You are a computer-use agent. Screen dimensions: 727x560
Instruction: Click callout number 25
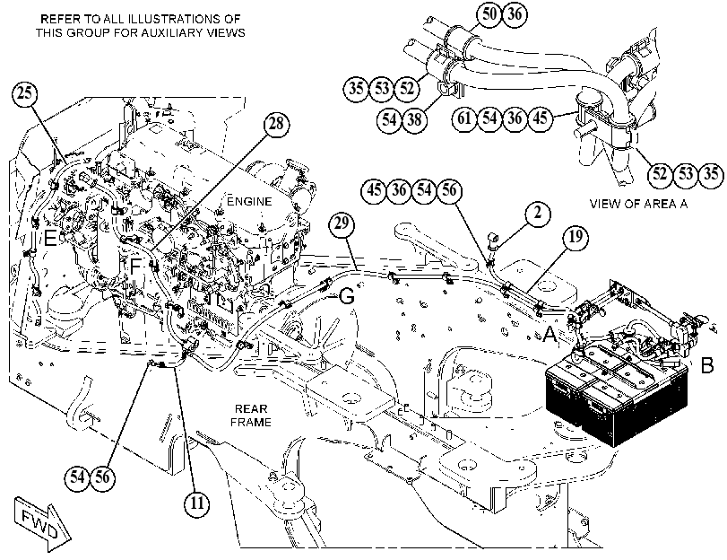click(24, 93)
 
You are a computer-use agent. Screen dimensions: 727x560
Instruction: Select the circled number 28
click(276, 124)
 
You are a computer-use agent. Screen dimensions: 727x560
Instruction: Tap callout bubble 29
click(342, 223)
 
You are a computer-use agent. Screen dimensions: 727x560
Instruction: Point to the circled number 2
click(537, 213)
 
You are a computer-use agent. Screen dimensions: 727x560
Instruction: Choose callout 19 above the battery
click(575, 237)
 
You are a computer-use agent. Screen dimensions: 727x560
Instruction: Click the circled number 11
click(197, 503)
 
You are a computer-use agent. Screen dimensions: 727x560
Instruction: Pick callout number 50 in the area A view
click(489, 14)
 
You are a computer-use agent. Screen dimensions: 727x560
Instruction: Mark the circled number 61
click(464, 118)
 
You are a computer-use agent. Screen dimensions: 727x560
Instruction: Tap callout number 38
click(414, 119)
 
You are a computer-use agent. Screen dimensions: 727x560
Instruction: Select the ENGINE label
click(249, 202)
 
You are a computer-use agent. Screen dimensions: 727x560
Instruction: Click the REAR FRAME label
click(251, 416)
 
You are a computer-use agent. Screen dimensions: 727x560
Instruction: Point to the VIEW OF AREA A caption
click(638, 204)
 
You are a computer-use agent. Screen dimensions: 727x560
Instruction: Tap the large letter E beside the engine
click(50, 239)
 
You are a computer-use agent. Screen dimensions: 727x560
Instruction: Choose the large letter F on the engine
click(135, 267)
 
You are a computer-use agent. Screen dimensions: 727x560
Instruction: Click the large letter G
click(347, 296)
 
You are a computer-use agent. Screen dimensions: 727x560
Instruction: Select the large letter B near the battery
click(706, 365)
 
